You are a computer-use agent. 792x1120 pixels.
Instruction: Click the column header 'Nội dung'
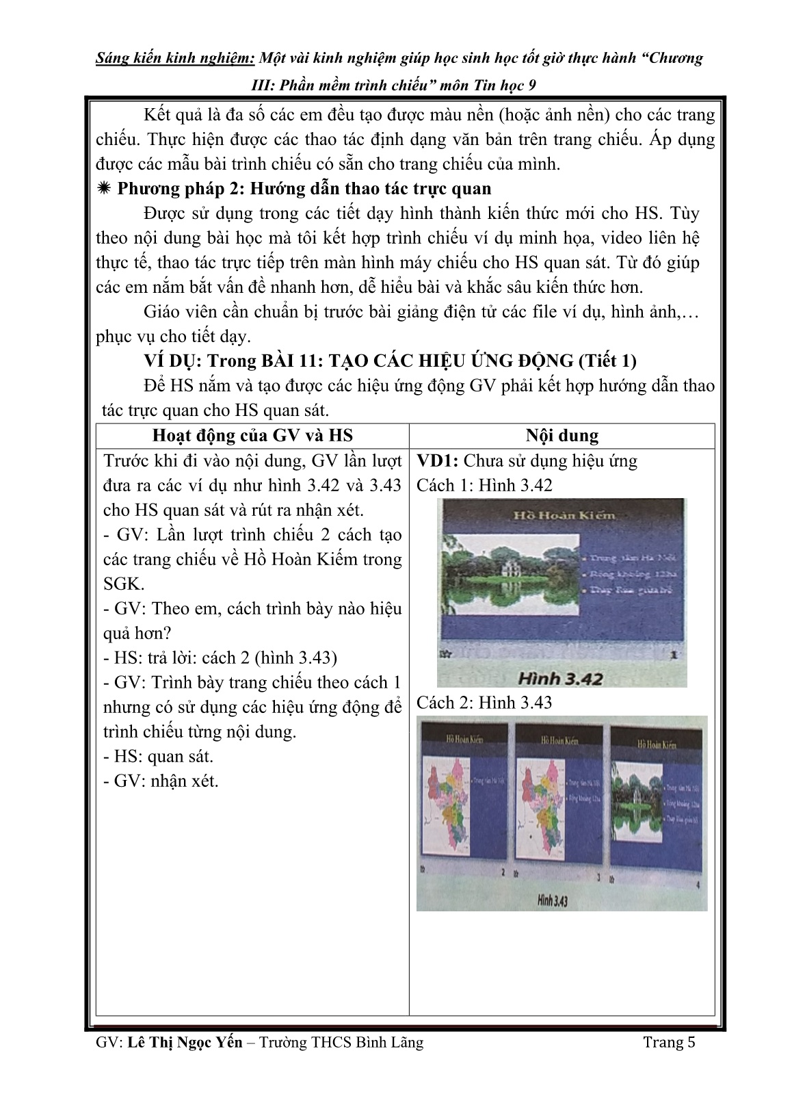562,436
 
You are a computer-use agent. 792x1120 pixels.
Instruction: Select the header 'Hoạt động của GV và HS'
252,436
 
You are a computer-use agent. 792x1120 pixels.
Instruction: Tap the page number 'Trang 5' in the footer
669,1042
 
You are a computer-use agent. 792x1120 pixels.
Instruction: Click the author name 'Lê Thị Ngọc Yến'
185,1042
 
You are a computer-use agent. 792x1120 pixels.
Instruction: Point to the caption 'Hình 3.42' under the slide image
560,678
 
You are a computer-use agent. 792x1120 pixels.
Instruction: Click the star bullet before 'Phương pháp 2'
105,189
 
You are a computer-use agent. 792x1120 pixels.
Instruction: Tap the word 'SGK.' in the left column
124,584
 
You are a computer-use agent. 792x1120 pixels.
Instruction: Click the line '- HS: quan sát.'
158,756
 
